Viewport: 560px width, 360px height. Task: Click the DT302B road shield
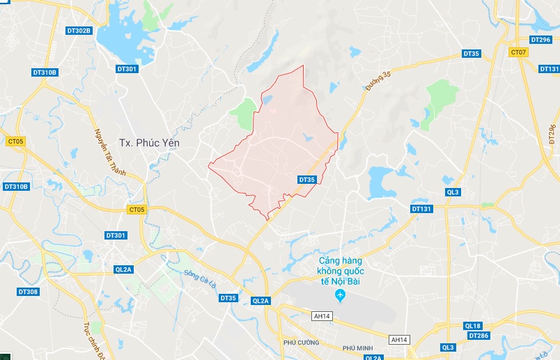[79, 31]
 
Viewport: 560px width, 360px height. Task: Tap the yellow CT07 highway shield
[518, 52]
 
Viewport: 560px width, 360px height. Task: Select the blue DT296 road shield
[540, 40]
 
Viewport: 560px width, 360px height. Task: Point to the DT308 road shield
[28, 292]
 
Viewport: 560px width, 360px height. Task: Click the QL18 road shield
[472, 326]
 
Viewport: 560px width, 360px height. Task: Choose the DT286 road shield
[479, 336]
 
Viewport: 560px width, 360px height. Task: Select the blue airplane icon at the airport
[341, 297]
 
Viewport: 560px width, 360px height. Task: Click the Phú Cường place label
[300, 343]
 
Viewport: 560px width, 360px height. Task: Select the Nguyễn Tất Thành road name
[111, 151]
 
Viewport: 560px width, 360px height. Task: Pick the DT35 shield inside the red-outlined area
[306, 180]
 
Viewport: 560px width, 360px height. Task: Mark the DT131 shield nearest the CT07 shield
[549, 69]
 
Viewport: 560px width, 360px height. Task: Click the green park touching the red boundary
[244, 114]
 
